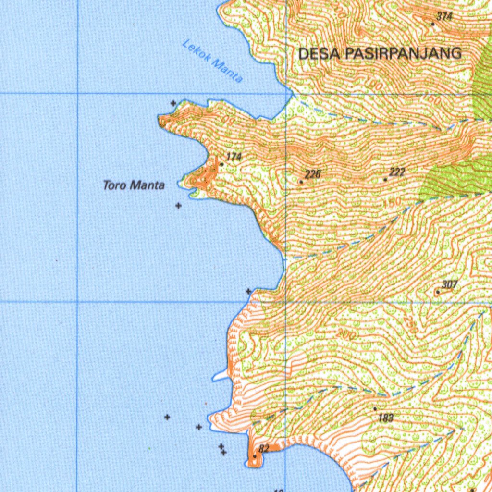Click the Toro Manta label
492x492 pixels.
pos(134,185)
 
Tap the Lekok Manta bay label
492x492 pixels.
pos(212,61)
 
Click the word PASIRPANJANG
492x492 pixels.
pos(402,53)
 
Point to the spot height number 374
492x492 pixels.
pos(444,16)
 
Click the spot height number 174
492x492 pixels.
pos(234,157)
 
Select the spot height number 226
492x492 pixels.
pos(312,174)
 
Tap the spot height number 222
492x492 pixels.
pos(397,172)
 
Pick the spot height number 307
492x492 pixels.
pos(449,285)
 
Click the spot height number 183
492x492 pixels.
pos(386,418)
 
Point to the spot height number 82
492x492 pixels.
pos(264,449)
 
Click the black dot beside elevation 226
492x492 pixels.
pos(301,182)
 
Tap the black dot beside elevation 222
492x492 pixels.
pos(385,180)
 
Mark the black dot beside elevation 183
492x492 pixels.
pos(375,409)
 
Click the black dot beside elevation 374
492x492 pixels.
pos(433,23)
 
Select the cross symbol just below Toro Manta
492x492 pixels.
pos(178,206)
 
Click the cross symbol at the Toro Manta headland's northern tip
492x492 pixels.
pos(173,103)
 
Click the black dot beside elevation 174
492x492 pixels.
pos(221,164)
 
